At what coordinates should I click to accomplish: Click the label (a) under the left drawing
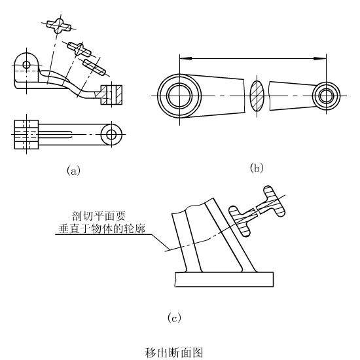click(73, 171)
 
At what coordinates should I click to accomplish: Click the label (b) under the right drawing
click(257, 168)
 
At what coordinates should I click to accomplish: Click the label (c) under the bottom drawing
click(174, 317)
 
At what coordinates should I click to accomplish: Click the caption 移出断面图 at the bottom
click(174, 353)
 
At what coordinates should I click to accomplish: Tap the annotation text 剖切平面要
click(99, 216)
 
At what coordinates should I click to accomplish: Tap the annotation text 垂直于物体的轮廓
click(102, 228)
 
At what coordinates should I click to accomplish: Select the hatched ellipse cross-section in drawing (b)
click(257, 96)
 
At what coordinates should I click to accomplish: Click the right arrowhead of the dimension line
click(320, 59)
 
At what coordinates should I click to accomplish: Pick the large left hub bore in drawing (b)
click(179, 96)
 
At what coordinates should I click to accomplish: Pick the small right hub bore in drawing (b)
click(326, 96)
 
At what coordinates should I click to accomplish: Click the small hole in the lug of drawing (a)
click(27, 65)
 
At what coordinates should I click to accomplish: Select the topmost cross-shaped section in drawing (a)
click(59, 26)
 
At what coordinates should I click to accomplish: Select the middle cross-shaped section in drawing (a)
click(79, 49)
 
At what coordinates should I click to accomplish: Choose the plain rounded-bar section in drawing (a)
click(94, 67)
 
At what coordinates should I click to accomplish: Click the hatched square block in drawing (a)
click(111, 95)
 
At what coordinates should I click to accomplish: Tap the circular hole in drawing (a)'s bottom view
click(111, 135)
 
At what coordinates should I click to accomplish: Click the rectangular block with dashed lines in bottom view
click(26, 135)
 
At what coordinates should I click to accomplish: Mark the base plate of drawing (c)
click(224, 279)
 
